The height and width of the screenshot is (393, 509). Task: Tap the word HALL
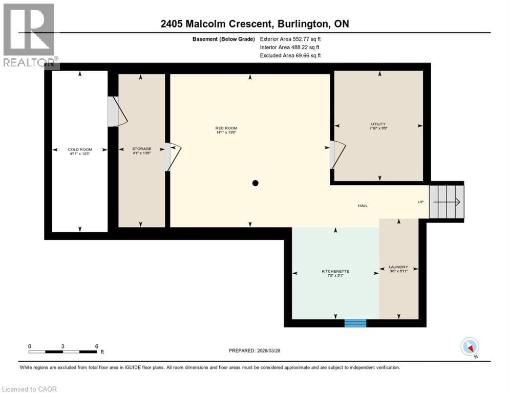coord(363,206)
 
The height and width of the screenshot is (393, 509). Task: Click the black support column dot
coord(255,183)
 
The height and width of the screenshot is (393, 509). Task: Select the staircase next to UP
coord(446,202)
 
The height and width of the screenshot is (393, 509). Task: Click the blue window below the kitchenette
coord(355,323)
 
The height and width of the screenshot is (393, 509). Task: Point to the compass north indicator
coord(470,347)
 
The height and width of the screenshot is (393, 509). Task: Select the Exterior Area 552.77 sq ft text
coord(290,39)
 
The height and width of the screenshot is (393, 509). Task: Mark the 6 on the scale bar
coord(96,346)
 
